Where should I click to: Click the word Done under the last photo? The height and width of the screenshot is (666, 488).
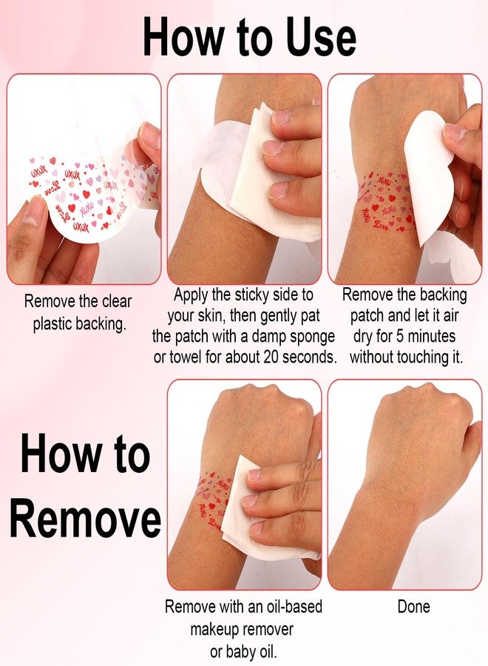click(x=413, y=606)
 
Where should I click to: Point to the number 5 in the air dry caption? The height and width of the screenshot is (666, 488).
click(x=400, y=337)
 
